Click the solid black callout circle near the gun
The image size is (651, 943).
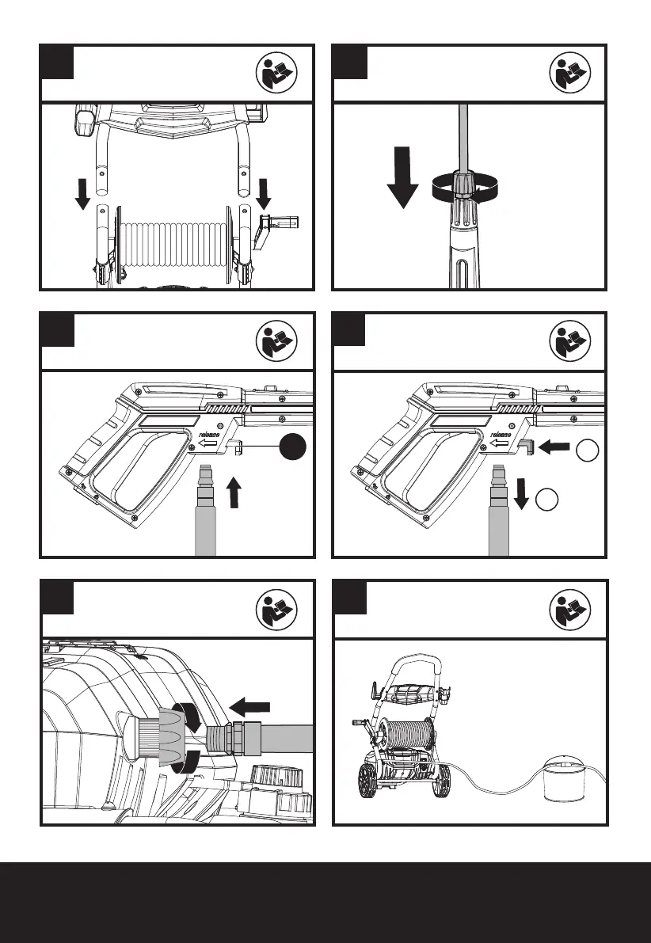click(294, 448)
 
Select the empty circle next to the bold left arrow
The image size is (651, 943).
click(586, 450)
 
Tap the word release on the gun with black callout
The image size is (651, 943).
click(209, 435)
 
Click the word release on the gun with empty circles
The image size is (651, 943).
click(501, 435)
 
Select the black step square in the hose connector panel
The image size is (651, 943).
click(57, 597)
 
